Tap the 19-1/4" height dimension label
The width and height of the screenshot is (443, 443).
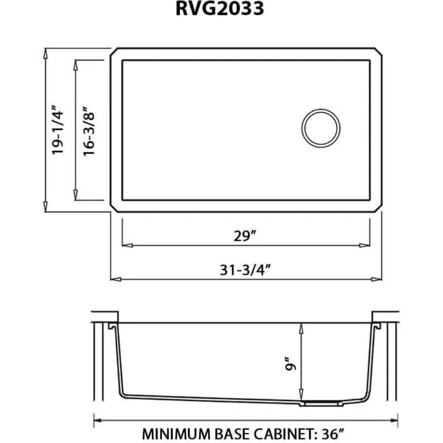(58, 130)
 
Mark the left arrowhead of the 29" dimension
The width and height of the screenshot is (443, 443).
(125, 245)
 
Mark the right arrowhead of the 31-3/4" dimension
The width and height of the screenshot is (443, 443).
(379, 278)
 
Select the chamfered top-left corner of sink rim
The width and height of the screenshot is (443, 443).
(114, 53)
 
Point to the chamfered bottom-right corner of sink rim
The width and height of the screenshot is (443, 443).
(378, 207)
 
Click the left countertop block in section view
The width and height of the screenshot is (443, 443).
(105, 316)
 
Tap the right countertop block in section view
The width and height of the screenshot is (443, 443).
(385, 316)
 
